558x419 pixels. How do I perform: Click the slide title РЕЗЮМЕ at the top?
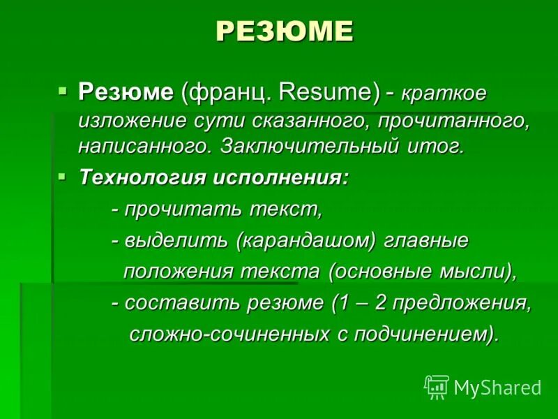(x=284, y=31)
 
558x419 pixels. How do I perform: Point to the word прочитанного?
(x=453, y=120)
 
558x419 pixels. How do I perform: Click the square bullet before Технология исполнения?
(x=63, y=176)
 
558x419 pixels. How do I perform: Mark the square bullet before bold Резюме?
(x=63, y=90)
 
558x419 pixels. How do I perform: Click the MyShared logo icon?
(x=437, y=386)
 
